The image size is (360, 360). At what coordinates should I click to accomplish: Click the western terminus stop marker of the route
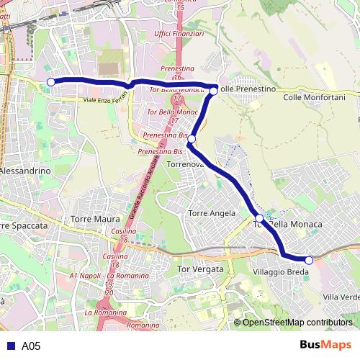[50, 81]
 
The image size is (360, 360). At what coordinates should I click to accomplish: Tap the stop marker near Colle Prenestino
[214, 91]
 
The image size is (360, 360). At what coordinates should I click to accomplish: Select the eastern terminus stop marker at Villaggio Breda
[308, 260]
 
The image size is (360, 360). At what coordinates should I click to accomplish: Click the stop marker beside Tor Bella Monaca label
[259, 217]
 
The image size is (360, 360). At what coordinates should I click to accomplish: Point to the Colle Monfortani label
[315, 96]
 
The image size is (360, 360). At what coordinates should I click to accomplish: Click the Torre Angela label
[211, 213]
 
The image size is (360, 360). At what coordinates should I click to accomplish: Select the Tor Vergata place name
[200, 269]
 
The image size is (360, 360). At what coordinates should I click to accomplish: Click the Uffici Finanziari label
[179, 34]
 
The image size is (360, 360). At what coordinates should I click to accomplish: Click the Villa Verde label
[341, 297]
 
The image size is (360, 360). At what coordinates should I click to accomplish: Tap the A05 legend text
[31, 346]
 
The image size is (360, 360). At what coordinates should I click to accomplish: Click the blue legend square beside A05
[9, 346]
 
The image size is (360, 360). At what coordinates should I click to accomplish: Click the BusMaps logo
[325, 345]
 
